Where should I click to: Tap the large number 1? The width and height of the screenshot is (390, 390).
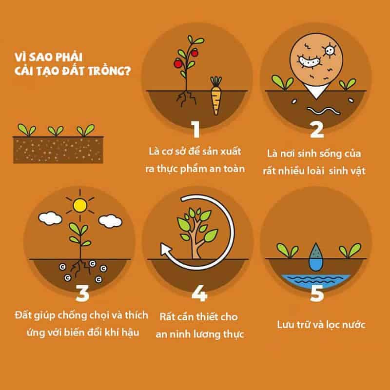pos(195,130)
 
